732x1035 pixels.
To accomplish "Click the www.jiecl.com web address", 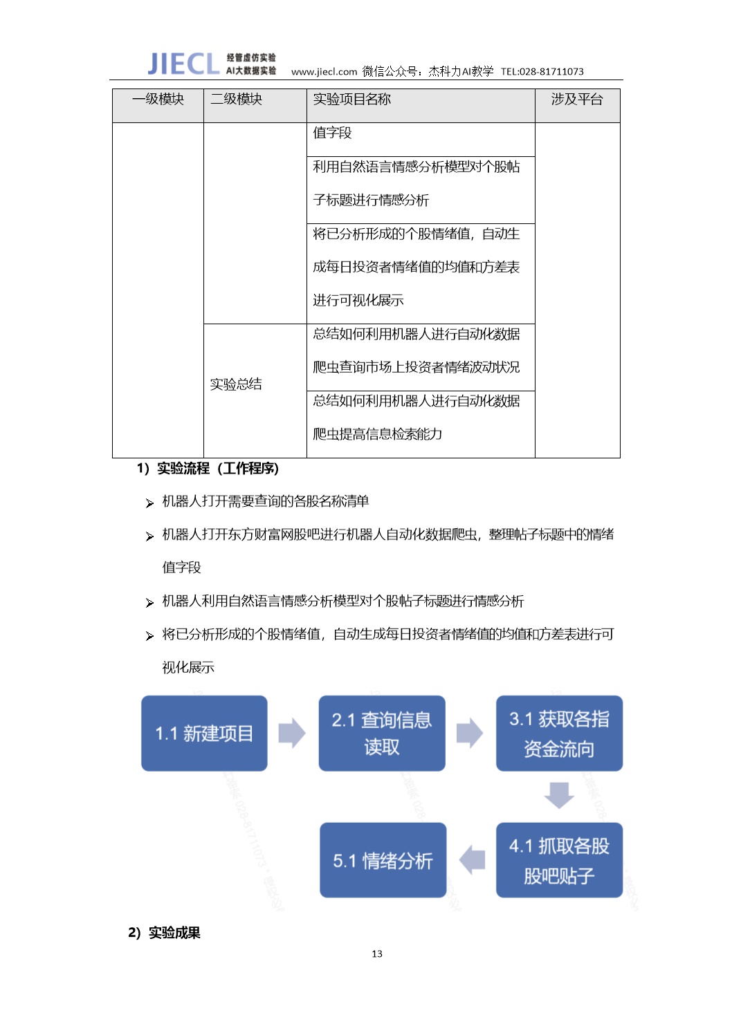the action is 324,72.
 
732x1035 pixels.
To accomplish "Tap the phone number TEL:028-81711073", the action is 542,72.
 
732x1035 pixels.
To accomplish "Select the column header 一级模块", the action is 158,99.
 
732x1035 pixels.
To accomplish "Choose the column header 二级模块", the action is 237,99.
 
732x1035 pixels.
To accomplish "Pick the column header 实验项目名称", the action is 352,99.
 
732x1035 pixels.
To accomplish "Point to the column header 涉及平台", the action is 577,99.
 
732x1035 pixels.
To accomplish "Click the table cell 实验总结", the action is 236,384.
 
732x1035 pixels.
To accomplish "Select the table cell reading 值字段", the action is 333,133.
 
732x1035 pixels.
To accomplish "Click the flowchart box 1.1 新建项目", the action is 204,734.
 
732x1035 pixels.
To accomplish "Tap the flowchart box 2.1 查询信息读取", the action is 382,734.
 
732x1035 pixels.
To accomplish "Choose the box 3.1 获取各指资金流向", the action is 560,734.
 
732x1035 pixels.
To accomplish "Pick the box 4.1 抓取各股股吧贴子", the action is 560,860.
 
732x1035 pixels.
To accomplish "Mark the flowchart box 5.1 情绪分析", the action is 383,860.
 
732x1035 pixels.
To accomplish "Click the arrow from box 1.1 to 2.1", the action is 292,733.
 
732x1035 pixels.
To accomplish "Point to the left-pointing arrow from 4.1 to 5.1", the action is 472,860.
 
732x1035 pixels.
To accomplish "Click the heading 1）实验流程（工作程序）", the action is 208,469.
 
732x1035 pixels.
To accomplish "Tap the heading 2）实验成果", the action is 164,933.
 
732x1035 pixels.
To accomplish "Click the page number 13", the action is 377,953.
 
